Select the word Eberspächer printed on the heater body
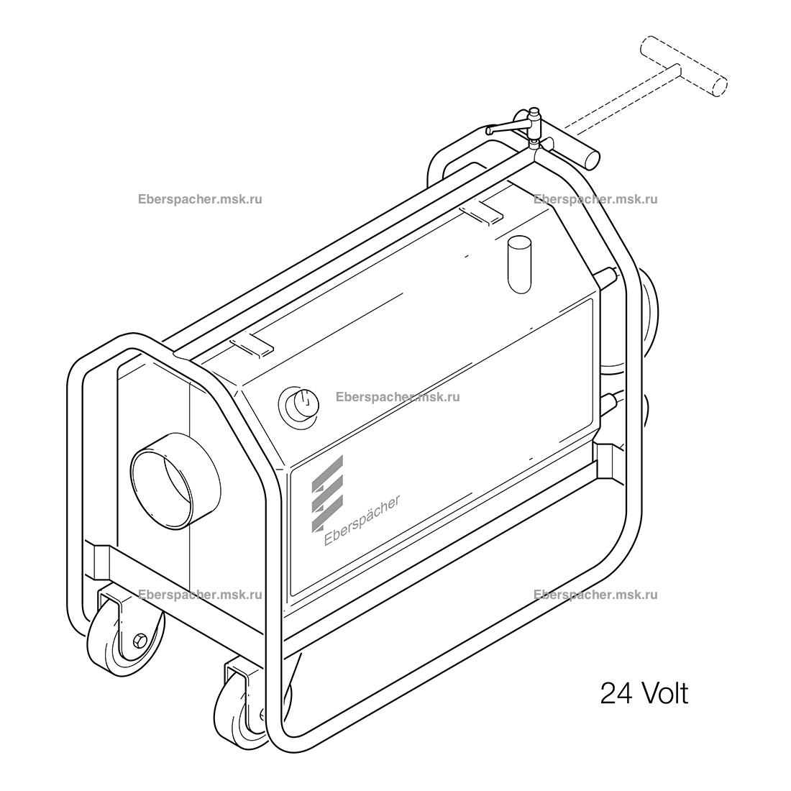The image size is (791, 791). click(362, 520)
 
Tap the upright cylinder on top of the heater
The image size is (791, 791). click(520, 265)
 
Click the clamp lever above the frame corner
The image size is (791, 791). click(512, 125)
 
